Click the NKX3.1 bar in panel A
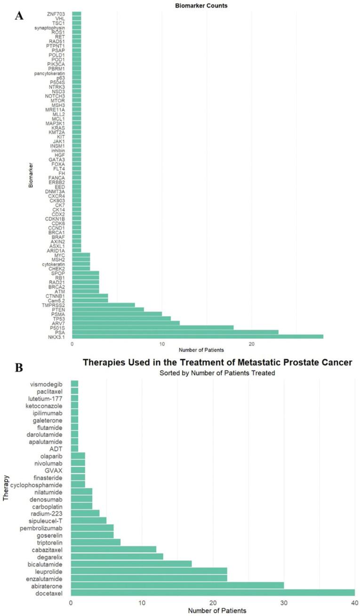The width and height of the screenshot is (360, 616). click(x=197, y=336)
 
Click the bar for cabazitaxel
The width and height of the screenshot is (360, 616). click(x=113, y=549)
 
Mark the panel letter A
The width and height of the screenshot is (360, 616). click(x=19, y=16)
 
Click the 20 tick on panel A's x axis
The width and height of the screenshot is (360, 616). click(x=252, y=344)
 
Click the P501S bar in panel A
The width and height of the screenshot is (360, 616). click(x=153, y=327)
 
